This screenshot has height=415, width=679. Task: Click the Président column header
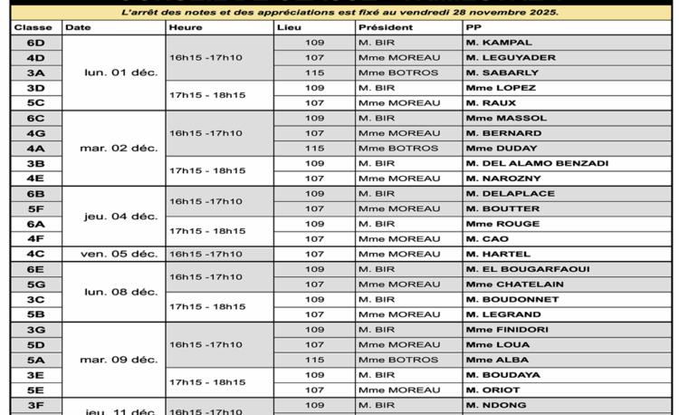(x=386, y=28)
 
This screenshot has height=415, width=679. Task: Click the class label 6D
(x=36, y=43)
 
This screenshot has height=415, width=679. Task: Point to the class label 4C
(x=36, y=255)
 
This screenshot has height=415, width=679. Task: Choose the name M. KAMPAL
(x=499, y=43)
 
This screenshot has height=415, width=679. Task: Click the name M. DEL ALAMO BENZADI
(x=537, y=164)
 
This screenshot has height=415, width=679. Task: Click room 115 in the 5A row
(x=314, y=360)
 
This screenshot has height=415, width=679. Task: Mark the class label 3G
(x=36, y=330)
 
